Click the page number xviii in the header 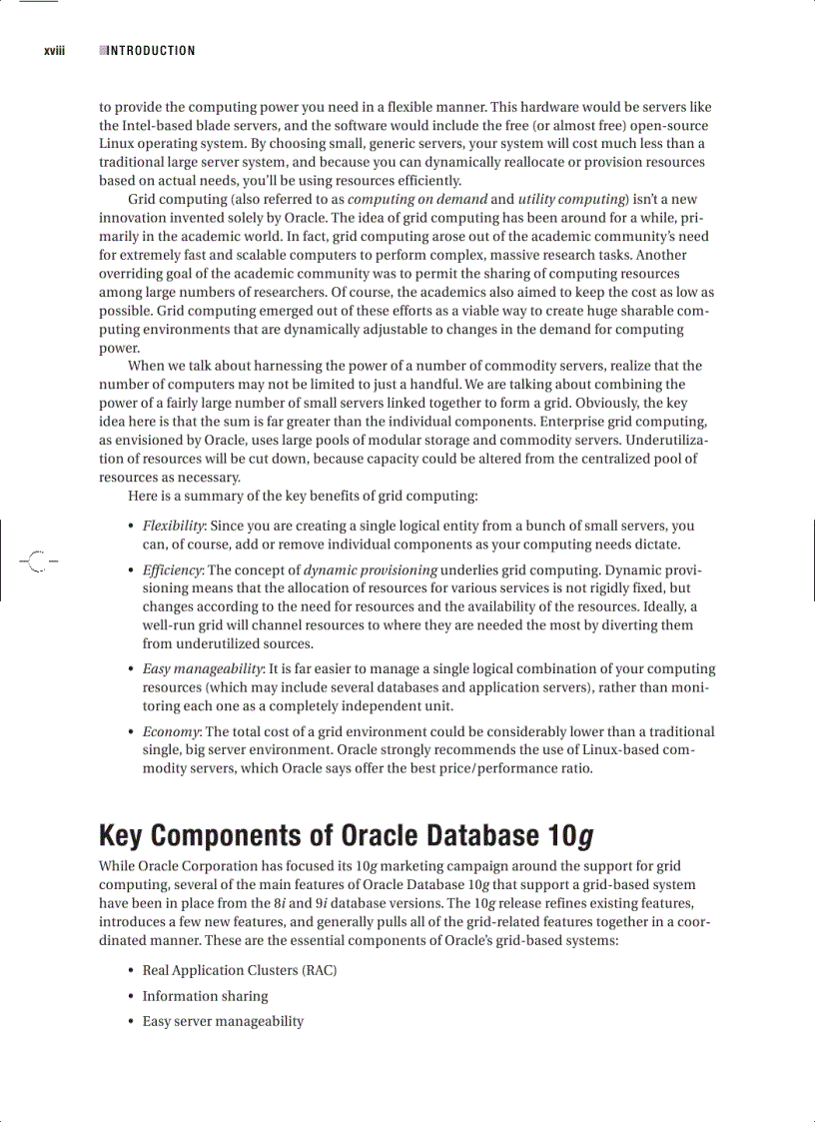54,51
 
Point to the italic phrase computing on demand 416,199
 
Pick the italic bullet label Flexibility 174,526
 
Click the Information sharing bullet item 205,996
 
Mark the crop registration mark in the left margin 37,561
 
